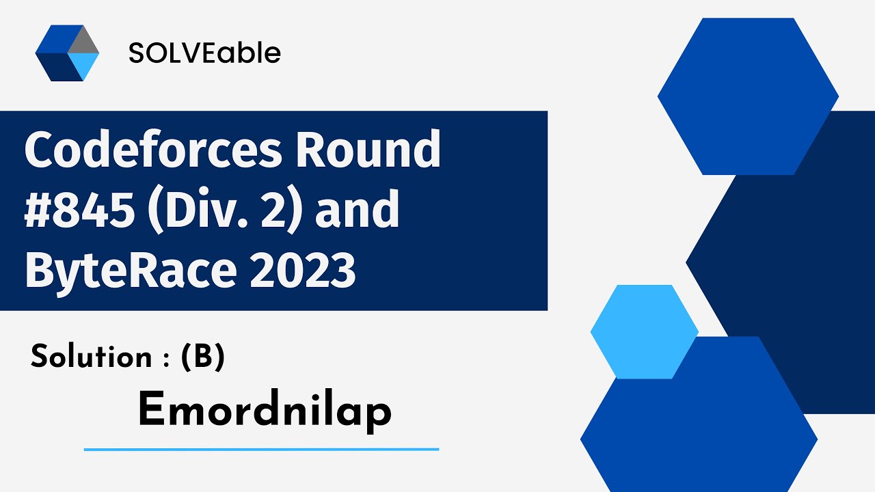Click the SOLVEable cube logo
[x=67, y=53]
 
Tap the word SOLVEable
[x=204, y=53]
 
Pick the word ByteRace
[x=131, y=270]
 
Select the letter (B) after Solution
[x=203, y=357]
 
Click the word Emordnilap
[x=265, y=411]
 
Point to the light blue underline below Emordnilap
[x=261, y=450]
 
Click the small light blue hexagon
[x=644, y=331]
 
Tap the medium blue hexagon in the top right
[x=748, y=96]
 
